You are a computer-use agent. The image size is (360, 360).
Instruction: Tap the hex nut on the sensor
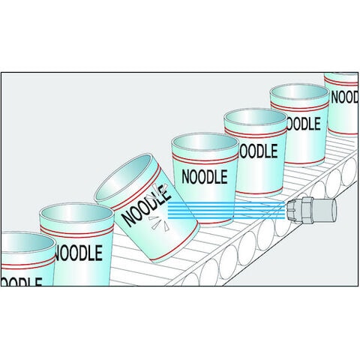307,209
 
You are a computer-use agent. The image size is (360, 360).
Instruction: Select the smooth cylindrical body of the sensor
324,210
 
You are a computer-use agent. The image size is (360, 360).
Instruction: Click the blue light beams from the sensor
226,211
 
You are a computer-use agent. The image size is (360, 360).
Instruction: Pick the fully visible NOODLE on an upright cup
205,177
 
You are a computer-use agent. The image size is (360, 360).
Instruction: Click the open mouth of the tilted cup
124,178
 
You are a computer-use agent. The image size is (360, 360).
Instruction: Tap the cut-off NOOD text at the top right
345,97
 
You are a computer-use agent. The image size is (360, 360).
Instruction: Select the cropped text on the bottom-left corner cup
21,281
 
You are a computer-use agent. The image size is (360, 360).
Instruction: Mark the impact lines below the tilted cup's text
159,223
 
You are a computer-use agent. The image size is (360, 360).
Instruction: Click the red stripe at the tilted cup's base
175,244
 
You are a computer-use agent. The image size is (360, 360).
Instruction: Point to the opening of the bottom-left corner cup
28,244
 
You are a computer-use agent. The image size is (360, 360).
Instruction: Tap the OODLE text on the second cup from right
303,124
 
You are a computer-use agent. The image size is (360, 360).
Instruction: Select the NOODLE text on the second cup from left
79,253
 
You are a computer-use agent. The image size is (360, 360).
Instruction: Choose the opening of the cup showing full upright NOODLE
205,145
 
